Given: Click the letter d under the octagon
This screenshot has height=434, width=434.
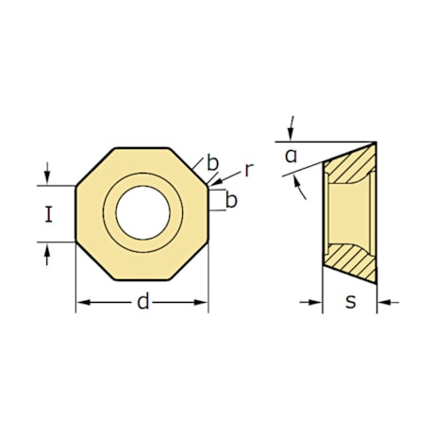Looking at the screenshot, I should pyautogui.click(x=142, y=302).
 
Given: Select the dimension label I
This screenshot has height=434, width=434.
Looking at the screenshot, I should pyautogui.click(x=48, y=215).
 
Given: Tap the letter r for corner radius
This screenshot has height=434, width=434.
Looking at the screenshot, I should pyautogui.click(x=247, y=170).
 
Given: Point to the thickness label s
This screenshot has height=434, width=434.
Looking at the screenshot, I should pyautogui.click(x=350, y=302).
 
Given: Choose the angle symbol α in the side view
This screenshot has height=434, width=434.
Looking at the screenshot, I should pyautogui.click(x=292, y=156).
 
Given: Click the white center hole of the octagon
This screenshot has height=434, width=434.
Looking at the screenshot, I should pyautogui.click(x=142, y=212).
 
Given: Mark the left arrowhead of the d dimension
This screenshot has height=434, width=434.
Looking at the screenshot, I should pyautogui.click(x=81, y=302).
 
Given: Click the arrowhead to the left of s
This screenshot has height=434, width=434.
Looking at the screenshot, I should pyautogui.click(x=317, y=302).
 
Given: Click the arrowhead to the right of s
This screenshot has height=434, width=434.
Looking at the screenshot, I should pyautogui.click(x=382, y=302).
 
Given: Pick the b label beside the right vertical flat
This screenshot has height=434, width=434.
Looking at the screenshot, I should pyautogui.click(x=230, y=200).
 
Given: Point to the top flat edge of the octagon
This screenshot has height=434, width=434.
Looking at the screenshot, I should pyautogui.click(x=142, y=148).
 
